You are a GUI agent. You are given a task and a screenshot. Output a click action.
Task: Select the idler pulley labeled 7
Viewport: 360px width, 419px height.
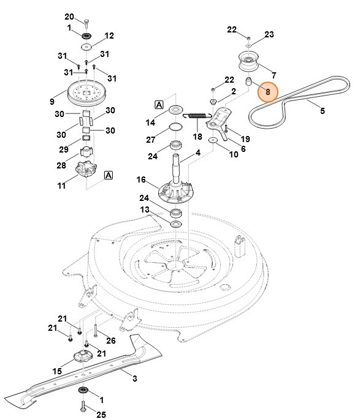pyautogui.click(x=249, y=62)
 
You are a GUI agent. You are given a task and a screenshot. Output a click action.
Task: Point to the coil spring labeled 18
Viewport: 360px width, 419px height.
pyautogui.click(x=197, y=115)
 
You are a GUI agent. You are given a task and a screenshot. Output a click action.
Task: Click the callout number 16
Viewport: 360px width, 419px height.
pyautogui.click(x=140, y=179)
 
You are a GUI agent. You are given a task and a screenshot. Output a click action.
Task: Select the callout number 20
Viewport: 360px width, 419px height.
pyautogui.click(x=69, y=16)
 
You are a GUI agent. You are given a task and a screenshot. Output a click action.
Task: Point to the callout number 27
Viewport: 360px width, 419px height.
pyautogui.click(x=151, y=139)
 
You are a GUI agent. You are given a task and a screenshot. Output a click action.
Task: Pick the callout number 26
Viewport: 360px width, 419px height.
pyautogui.click(x=111, y=341)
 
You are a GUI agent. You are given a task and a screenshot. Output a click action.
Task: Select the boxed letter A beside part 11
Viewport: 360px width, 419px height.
pyautogui.click(x=109, y=175)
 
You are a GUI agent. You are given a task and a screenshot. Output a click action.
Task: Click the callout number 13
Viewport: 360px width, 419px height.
pyautogui.click(x=145, y=210)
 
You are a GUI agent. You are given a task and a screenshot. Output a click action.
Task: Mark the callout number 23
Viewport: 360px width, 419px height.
pyautogui.click(x=269, y=35)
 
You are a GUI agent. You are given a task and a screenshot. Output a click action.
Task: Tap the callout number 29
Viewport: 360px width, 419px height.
pyautogui.click(x=64, y=149)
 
